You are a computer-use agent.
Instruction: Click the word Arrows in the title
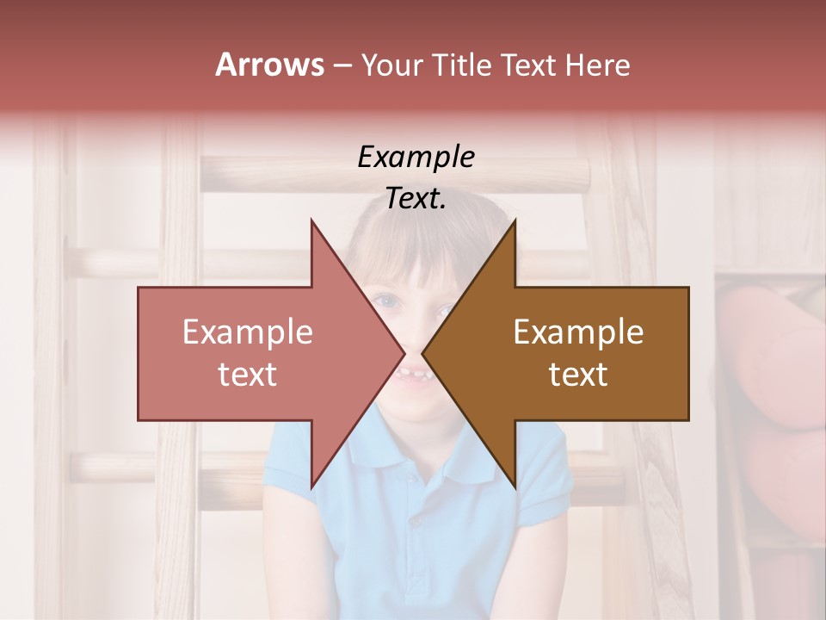[269, 65]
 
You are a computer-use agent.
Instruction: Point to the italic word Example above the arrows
[416, 157]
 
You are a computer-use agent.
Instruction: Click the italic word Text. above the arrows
[416, 198]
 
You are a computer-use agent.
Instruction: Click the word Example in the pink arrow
[248, 332]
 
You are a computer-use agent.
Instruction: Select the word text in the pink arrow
[248, 375]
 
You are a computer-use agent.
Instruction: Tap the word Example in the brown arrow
[578, 332]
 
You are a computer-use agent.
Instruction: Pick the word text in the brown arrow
[578, 375]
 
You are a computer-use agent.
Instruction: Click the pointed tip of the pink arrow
[404, 354]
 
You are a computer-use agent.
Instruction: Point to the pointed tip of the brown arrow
[422, 354]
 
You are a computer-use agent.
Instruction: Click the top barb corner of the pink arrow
[311, 220]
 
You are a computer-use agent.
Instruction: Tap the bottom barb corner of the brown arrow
[515, 487]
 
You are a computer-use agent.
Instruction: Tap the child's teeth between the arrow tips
[414, 376]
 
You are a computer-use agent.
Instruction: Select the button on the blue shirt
[416, 521]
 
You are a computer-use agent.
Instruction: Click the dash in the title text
[342, 65]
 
